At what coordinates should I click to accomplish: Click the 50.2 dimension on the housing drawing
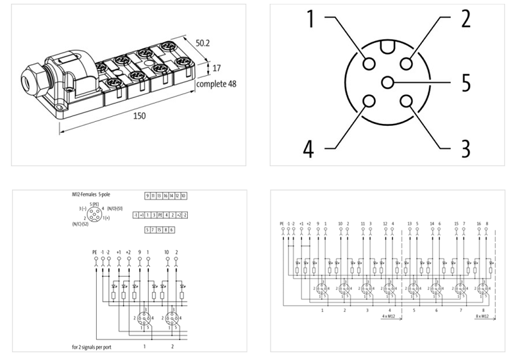[x=203, y=43]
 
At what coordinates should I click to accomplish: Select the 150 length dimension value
[x=139, y=116]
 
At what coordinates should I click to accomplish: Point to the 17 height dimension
[x=218, y=67]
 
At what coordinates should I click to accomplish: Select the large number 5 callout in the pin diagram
[x=465, y=83]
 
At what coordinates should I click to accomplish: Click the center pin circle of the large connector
[x=387, y=82]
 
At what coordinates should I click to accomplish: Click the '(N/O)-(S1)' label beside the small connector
[x=117, y=210]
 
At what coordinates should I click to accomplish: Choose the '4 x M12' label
[x=389, y=316]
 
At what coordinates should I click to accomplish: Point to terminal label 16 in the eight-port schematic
[x=478, y=223]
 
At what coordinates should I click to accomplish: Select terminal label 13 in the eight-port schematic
[x=409, y=223]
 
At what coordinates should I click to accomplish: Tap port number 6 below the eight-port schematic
[x=438, y=310]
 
